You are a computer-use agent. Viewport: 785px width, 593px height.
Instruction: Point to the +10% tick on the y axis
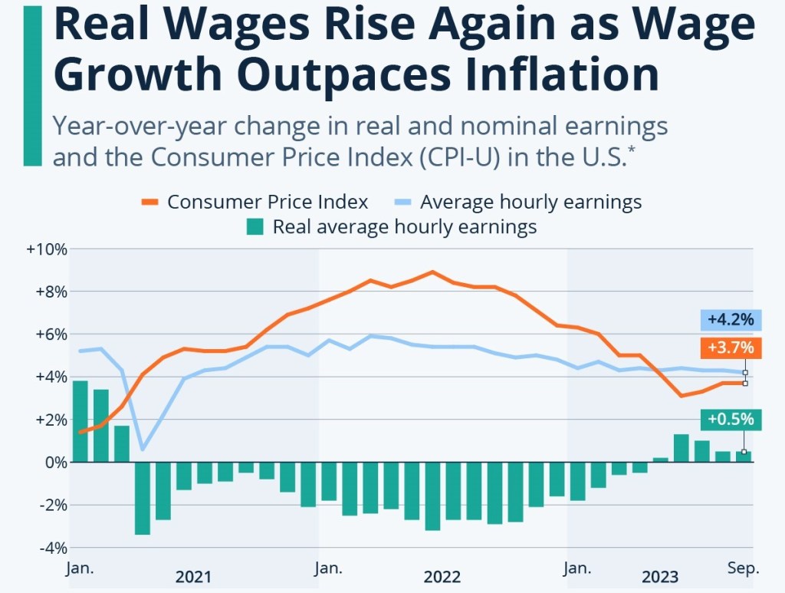[x=47, y=249]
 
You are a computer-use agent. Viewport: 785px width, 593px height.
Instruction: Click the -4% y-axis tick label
[x=50, y=548]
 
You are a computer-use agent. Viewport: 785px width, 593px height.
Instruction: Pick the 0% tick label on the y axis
[x=54, y=463]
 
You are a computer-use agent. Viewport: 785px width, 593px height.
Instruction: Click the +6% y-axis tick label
[x=50, y=334]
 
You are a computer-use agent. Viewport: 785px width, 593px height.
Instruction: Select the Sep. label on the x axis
[x=743, y=568]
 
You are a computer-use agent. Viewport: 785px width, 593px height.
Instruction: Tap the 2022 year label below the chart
[x=442, y=577]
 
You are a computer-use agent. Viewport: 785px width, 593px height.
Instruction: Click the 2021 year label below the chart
[x=193, y=577]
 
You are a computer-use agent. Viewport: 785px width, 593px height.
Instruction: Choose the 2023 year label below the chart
[x=660, y=577]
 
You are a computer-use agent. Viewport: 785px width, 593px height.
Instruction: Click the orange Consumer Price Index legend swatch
[x=150, y=203]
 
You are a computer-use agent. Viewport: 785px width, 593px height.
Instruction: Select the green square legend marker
[x=255, y=227]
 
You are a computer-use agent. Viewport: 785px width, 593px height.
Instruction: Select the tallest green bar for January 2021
[x=80, y=421]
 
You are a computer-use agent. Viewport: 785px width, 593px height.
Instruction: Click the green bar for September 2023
[x=744, y=456]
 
